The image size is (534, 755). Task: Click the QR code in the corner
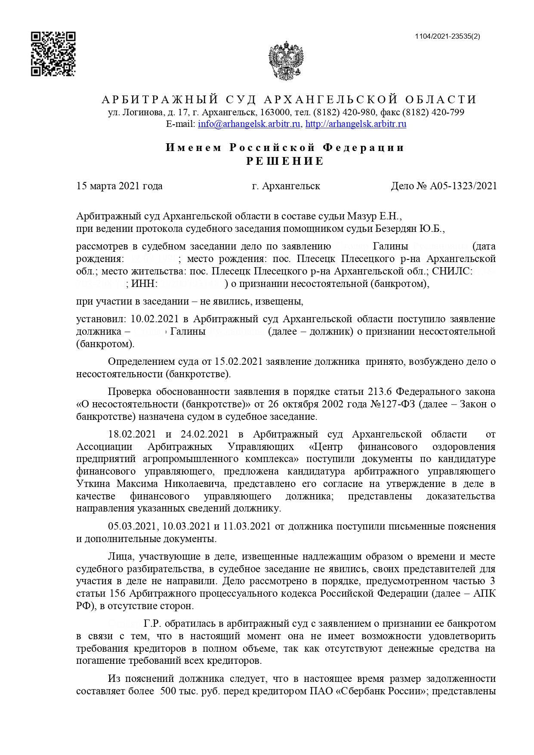coord(53,54)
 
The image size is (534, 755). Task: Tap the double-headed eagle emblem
coord(286,60)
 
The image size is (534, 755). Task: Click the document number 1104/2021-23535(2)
coord(448,37)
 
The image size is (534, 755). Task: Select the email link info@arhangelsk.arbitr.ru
coord(249,124)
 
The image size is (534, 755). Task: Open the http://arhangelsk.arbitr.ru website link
coord(355,124)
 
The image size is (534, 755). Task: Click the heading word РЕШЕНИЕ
coord(285,161)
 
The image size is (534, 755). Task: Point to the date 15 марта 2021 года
coord(119,186)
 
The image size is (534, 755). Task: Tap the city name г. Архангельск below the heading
coord(286,186)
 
